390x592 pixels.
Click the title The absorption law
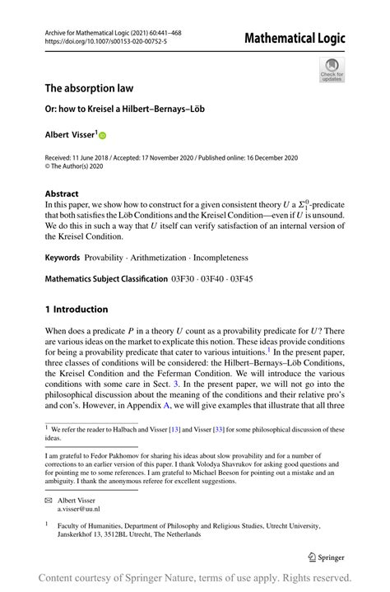(x=89, y=87)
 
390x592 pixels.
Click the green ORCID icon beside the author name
(x=104, y=134)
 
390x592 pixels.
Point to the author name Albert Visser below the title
(x=70, y=133)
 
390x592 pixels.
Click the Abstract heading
(x=63, y=194)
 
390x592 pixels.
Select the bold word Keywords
(x=63, y=258)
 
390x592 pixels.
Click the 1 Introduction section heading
(x=76, y=310)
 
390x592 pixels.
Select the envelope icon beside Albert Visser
(x=49, y=500)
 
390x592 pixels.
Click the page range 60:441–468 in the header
(x=162, y=33)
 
